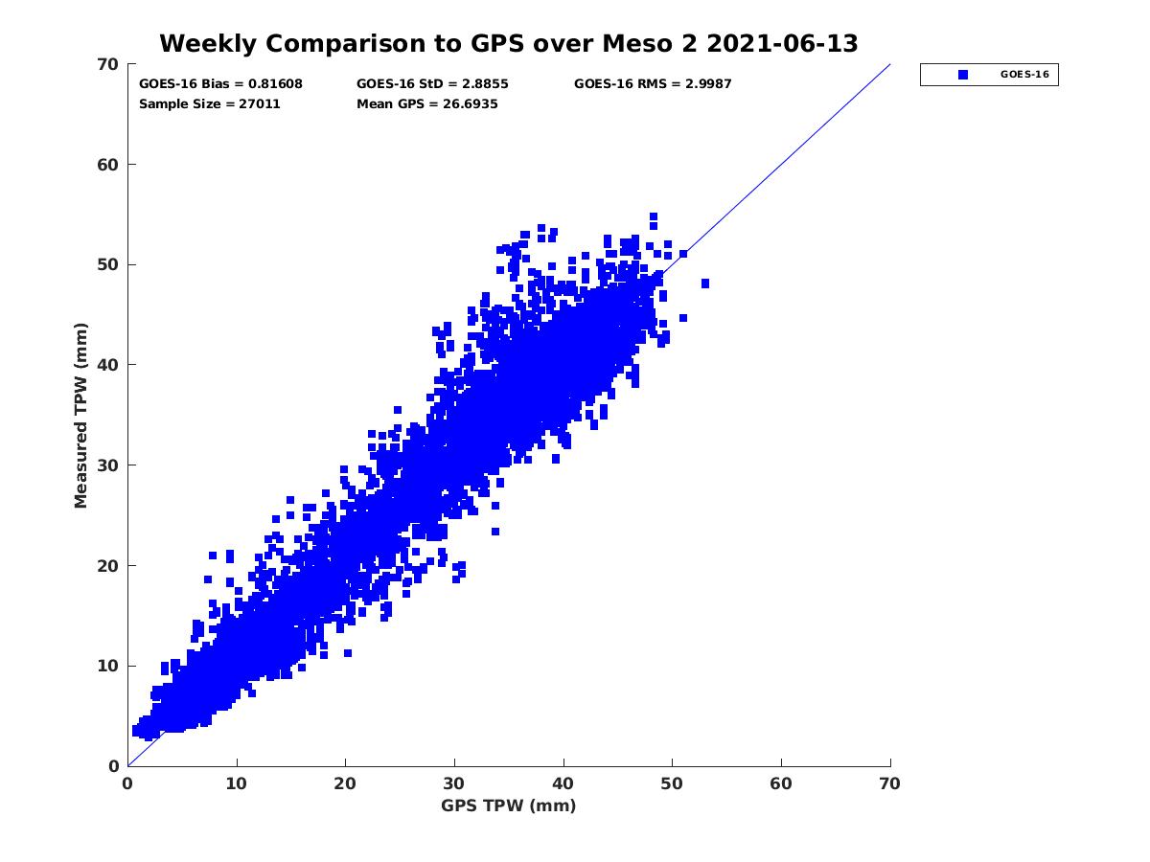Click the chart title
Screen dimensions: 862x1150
508,43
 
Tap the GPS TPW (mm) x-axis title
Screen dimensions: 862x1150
508,805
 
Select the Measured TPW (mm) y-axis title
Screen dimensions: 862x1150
81,415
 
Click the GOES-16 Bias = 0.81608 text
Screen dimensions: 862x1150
220,84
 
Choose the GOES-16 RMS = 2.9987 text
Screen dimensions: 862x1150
653,84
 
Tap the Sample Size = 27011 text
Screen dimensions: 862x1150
210,104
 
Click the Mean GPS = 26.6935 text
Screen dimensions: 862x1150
427,104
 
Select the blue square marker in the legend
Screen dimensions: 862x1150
963,75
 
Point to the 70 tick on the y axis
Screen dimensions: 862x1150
108,64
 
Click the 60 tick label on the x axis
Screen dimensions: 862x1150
781,783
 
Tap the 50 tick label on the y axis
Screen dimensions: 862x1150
108,264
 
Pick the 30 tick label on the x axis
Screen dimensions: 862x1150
454,783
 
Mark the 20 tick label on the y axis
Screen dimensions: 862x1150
108,565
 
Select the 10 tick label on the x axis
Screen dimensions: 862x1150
237,783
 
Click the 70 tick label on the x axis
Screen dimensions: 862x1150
890,783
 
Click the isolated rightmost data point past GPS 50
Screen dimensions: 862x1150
705,284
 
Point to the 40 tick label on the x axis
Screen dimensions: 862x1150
563,783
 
